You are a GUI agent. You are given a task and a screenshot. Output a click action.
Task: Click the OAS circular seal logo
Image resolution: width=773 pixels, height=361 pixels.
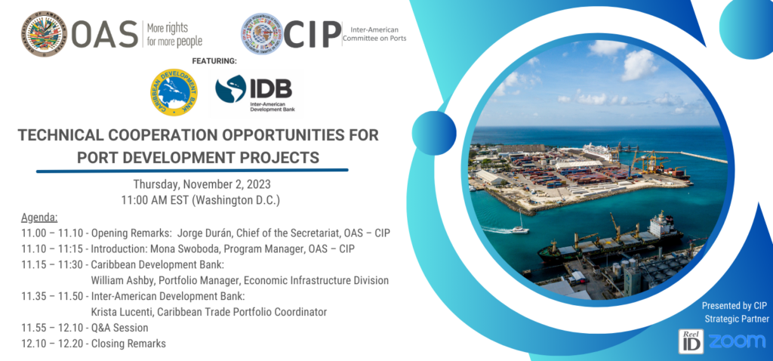click(x=43, y=33)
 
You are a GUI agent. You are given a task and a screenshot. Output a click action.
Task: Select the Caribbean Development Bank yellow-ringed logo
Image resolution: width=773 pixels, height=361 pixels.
click(x=173, y=93)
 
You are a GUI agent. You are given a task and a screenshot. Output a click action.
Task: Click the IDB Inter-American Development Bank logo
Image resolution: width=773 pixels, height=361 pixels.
click(x=254, y=93)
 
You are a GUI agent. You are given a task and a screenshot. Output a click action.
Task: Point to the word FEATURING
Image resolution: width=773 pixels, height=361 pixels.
click(x=214, y=60)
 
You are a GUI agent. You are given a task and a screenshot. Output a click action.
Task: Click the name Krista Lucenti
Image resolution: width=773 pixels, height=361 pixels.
click(x=122, y=312)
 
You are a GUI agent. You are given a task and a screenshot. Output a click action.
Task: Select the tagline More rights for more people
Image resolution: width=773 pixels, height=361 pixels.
click(x=174, y=34)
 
